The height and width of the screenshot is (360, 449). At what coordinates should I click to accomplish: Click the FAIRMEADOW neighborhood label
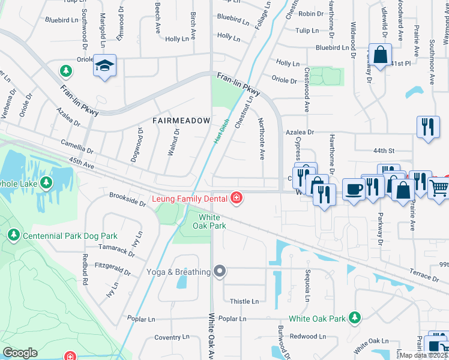(181, 121)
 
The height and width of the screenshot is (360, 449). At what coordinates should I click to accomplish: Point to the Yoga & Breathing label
(178, 272)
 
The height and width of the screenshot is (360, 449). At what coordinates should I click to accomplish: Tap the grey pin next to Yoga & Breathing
(220, 272)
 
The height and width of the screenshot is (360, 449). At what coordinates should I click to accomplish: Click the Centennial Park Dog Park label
(70, 236)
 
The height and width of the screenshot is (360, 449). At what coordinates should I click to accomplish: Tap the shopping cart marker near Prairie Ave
(439, 188)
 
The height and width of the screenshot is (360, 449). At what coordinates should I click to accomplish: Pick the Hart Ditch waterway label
(222, 130)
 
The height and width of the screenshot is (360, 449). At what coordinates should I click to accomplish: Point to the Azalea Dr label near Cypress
(300, 132)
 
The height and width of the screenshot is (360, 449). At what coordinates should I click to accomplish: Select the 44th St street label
(383, 150)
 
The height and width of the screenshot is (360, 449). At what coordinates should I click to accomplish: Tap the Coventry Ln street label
(172, 338)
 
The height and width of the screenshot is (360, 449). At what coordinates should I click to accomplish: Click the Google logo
(20, 353)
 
